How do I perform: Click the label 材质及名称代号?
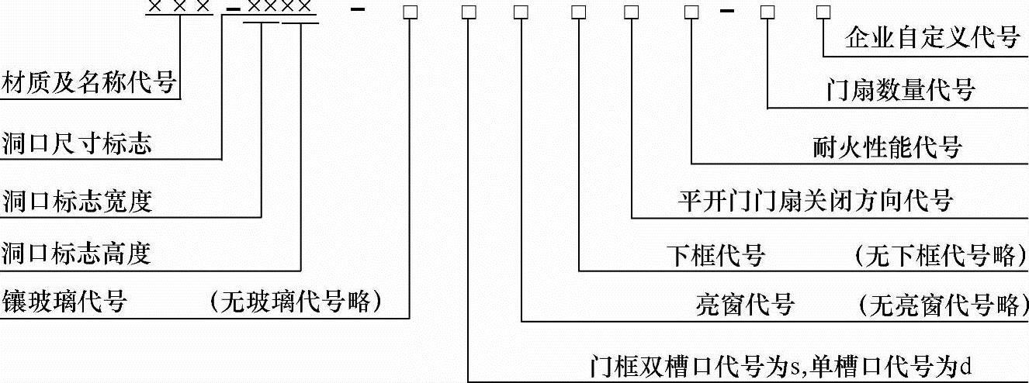[x=88, y=82]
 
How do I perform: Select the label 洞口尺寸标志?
[x=76, y=143]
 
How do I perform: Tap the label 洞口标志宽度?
[x=76, y=201]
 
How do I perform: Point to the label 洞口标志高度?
[x=76, y=253]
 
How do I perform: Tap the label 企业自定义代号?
[x=932, y=38]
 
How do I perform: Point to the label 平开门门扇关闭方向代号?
[x=815, y=201]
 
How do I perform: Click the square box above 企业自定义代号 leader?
[x=823, y=12]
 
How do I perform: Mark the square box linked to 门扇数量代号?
[x=767, y=12]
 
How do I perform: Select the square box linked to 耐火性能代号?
[x=691, y=12]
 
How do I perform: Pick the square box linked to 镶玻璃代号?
[x=410, y=12]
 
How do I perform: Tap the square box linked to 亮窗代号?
[x=521, y=12]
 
